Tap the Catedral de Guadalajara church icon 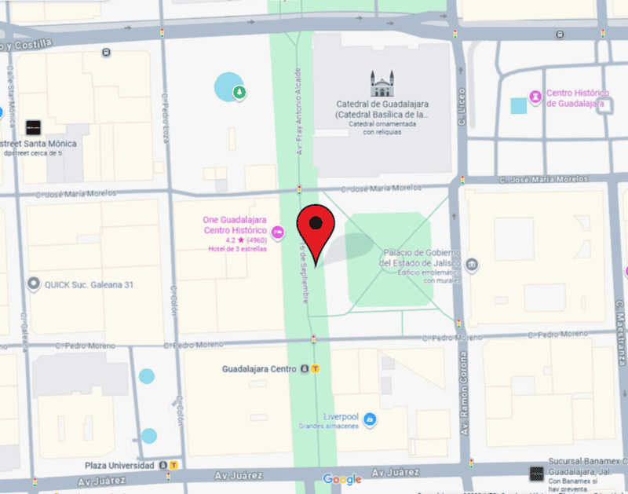(382, 83)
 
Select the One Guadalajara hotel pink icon (277, 232)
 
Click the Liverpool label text (341, 416)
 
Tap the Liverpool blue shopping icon (370, 419)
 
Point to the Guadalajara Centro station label (259, 369)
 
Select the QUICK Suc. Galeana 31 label (88, 284)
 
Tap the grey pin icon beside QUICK (34, 284)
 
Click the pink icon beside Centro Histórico (535, 97)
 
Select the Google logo (342, 479)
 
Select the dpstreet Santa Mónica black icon (33, 127)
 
